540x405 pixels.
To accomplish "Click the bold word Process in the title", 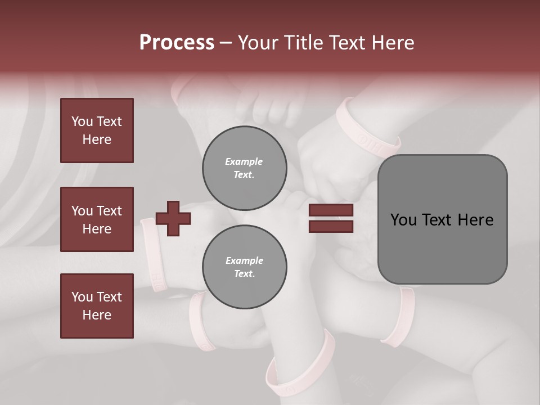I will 177,42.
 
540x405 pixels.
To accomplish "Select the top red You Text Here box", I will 97,130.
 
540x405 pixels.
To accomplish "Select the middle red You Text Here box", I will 97,219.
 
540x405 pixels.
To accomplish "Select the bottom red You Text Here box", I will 97,305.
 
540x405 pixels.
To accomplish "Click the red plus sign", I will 173,218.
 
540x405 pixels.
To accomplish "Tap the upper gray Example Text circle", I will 244,168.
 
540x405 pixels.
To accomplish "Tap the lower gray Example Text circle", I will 244,267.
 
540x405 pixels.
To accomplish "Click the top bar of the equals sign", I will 331,210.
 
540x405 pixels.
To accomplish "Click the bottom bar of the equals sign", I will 331,226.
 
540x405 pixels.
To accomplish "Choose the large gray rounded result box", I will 442,219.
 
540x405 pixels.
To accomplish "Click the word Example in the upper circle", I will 244,161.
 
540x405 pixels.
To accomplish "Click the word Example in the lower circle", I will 244,260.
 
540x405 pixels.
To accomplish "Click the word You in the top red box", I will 82,121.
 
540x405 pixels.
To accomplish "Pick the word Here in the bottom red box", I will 97,315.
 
